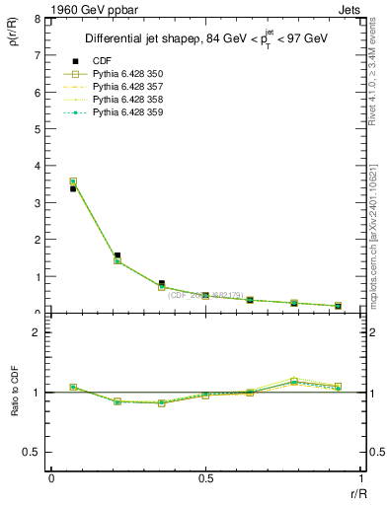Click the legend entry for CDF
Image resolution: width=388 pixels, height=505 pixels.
pyautogui.click(x=103, y=62)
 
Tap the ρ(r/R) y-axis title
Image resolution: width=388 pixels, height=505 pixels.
pyautogui.click(x=14, y=38)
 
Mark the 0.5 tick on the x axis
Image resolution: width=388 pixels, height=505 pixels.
pyautogui.click(x=205, y=477)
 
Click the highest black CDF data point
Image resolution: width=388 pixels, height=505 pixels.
pyautogui.click(x=73, y=188)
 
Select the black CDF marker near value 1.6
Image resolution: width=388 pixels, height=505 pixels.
pyautogui.click(x=117, y=255)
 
